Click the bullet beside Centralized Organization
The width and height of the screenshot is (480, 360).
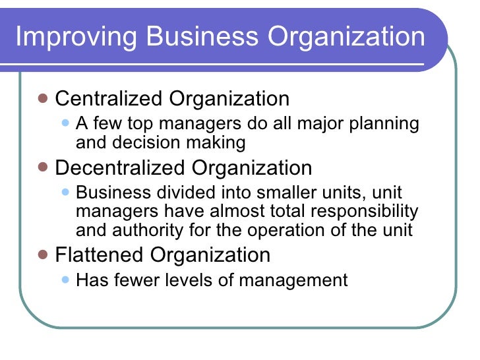click(43, 99)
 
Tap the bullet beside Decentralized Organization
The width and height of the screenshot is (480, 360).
click(43, 167)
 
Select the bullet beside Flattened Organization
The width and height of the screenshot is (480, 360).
click(43, 255)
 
